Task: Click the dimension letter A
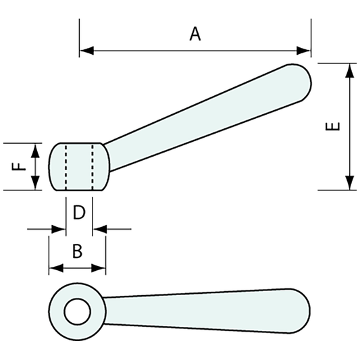point(195,34)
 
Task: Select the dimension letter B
point(77,251)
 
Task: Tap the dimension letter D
point(78,213)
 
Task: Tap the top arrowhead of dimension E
point(349,70)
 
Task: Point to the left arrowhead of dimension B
point(55,268)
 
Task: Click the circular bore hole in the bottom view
point(78,311)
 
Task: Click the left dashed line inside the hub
point(66,167)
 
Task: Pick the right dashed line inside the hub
point(92,167)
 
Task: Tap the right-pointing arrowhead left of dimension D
point(59,230)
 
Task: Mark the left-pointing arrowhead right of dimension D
point(99,230)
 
